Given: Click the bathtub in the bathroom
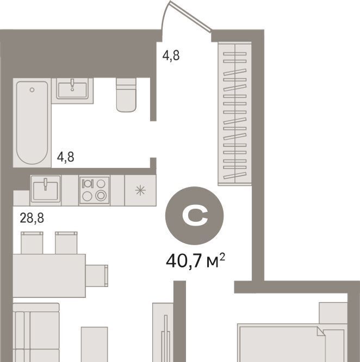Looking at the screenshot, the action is pyautogui.click(x=32, y=123).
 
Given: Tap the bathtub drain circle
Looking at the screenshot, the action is pyautogui.click(x=32, y=90).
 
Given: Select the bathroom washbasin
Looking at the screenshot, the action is pyautogui.click(x=72, y=89).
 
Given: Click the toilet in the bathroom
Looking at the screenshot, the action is pyautogui.click(x=126, y=95).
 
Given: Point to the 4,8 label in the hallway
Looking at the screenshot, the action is pyautogui.click(x=171, y=55).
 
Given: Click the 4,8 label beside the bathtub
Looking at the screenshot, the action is pyautogui.click(x=66, y=157).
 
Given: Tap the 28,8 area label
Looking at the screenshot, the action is pyautogui.click(x=32, y=218).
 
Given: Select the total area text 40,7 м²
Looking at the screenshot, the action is pyautogui.click(x=195, y=261).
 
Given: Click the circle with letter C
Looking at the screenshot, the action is pyautogui.click(x=195, y=215).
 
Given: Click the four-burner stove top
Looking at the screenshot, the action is pyautogui.click(x=94, y=190).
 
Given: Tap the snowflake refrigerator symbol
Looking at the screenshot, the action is pyautogui.click(x=140, y=190).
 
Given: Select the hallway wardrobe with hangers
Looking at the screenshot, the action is pyautogui.click(x=234, y=114).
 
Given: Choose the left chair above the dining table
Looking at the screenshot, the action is pyautogui.click(x=32, y=243).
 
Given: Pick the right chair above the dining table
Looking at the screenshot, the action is pyautogui.click(x=66, y=243).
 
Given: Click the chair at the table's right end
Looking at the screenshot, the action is pyautogui.click(x=97, y=276).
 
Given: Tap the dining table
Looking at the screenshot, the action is pyautogui.click(x=49, y=276).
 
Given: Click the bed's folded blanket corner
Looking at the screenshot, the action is pyautogui.click(x=321, y=331).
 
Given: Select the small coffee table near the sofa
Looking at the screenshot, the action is pyautogui.click(x=94, y=344).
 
